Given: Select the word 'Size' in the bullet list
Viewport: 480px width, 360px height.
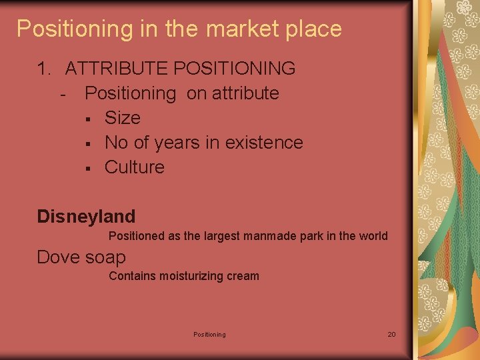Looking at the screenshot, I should (123, 118).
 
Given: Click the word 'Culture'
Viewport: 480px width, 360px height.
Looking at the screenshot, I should (134, 167).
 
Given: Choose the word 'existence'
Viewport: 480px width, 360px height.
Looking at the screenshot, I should (264, 143).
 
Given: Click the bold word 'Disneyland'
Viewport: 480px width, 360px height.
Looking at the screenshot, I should (86, 217).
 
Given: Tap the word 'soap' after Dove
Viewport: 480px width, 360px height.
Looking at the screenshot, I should (105, 257).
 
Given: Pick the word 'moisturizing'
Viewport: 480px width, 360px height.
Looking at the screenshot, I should (191, 276).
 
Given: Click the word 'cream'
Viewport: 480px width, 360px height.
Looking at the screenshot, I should (243, 276).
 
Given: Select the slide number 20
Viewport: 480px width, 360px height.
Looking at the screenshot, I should (391, 334).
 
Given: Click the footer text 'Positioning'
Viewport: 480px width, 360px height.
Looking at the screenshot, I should (209, 334).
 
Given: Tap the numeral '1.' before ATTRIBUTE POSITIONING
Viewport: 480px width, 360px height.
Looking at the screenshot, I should (45, 68).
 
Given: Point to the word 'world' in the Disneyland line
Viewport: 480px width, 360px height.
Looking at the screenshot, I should (373, 236).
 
